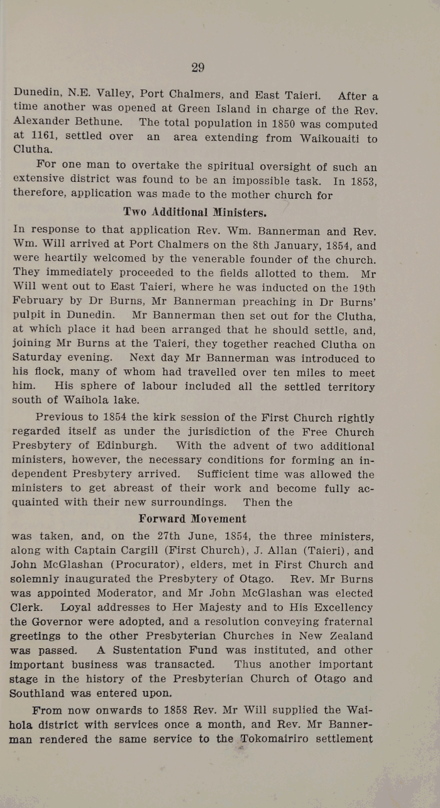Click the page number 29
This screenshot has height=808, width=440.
tap(197, 68)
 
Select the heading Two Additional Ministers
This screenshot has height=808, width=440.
tap(182, 211)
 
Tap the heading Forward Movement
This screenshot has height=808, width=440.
tap(192, 519)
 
